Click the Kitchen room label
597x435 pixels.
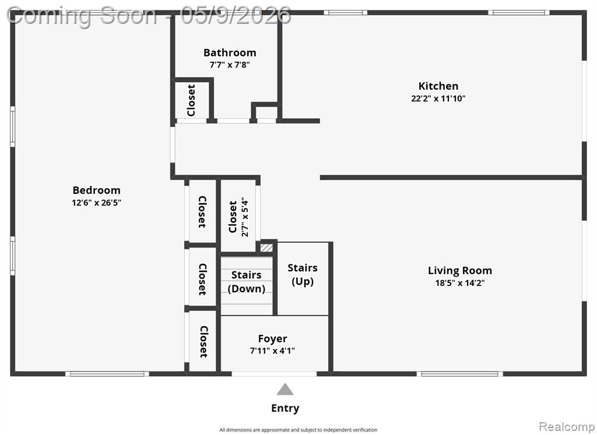coord(438,86)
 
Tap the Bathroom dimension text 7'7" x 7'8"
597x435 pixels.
coord(230,65)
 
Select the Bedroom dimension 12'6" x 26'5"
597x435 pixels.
coord(96,203)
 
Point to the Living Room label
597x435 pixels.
coord(460,271)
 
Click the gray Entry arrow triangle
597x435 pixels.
coord(285,390)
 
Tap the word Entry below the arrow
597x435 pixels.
coord(285,408)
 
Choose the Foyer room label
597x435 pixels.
coord(273,339)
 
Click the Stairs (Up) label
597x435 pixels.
coord(303,274)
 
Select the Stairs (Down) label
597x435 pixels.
coord(247,282)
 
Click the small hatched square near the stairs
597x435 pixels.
coord(266,248)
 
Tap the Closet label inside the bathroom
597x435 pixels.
coord(191,100)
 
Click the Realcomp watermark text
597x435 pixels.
coord(567,427)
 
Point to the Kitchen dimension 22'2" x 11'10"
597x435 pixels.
coord(438,98)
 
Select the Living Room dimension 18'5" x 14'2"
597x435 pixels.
coord(460,283)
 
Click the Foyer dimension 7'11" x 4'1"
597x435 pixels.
coord(272,351)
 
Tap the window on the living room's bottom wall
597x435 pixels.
coord(459,374)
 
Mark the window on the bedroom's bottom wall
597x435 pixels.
coord(107,374)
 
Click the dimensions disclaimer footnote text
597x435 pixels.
coord(298,430)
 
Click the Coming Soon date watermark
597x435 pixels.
coord(149,16)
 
